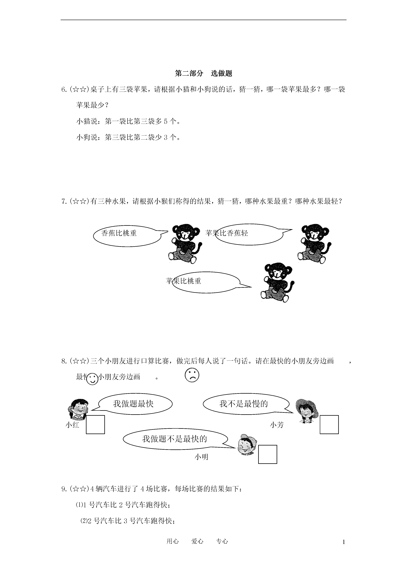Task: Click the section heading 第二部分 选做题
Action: (203, 73)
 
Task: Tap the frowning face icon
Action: (192, 375)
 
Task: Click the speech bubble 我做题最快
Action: (135, 404)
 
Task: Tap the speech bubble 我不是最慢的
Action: (246, 404)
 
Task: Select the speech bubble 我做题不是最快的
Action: (175, 439)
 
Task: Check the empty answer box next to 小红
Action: (95, 425)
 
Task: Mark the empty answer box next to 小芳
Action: (329, 425)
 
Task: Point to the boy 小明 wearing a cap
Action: (247, 445)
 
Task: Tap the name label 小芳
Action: (277, 425)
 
